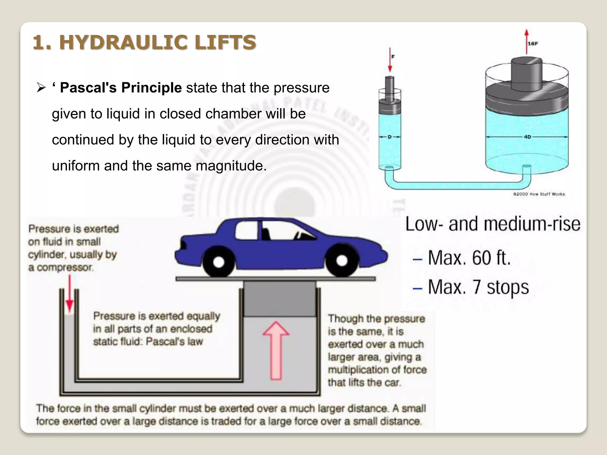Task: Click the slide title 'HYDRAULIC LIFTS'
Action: (x=158, y=42)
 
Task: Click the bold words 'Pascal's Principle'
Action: (x=121, y=88)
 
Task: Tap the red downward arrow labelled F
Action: (x=390, y=60)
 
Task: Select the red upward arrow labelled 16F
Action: (x=526, y=41)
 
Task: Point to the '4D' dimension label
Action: (x=528, y=137)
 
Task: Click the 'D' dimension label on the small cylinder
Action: (x=390, y=137)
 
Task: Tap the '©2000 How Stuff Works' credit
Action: (x=539, y=194)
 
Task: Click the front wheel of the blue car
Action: (x=342, y=260)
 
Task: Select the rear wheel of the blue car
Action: (x=219, y=262)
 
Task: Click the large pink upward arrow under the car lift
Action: (x=276, y=350)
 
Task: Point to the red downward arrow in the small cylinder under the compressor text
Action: (x=70, y=293)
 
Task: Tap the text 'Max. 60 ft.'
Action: (x=469, y=258)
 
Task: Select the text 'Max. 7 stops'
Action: (x=478, y=287)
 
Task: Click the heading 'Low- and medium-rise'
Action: (x=493, y=224)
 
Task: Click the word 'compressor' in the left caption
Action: (x=65, y=267)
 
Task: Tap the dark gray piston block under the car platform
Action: (x=279, y=299)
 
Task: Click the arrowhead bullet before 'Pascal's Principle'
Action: (x=41, y=88)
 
